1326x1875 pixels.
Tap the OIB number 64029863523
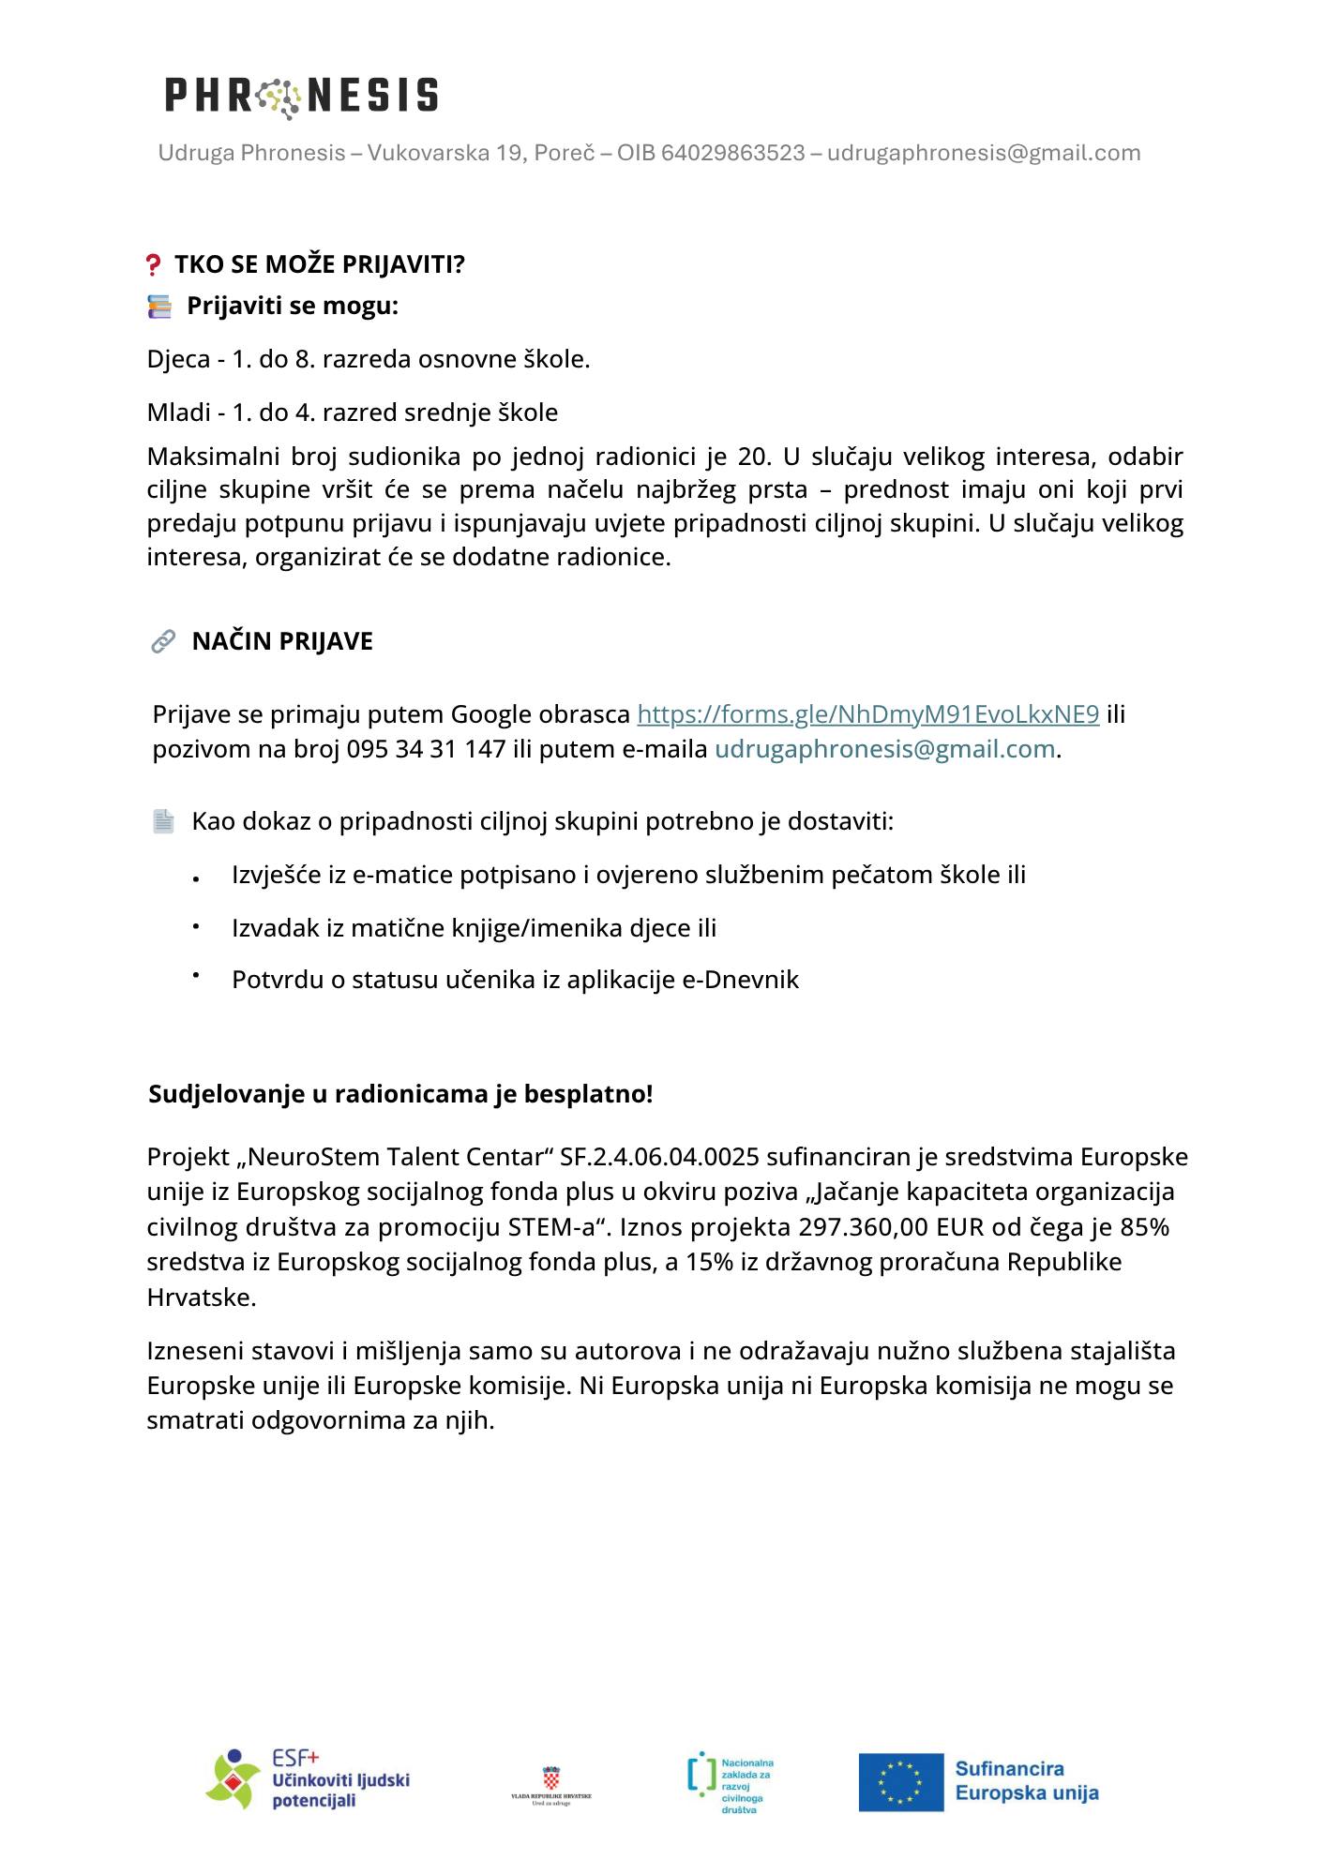[x=732, y=153]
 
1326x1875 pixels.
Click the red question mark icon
[x=154, y=265]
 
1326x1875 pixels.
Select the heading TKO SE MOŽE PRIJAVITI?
[x=319, y=264]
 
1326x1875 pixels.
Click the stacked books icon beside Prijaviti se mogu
[x=159, y=307]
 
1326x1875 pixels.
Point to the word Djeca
[x=178, y=359]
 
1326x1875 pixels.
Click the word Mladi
[x=178, y=412]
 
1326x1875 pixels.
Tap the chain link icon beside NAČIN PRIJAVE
[x=163, y=641]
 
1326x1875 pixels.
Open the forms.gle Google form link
[x=867, y=714]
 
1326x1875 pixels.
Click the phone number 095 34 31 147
[x=426, y=749]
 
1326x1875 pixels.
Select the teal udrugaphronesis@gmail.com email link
[x=884, y=749]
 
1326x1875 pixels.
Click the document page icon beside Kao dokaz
[x=163, y=822]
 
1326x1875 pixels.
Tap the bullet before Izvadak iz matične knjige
[x=197, y=926]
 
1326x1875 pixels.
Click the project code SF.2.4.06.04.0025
[x=658, y=1157]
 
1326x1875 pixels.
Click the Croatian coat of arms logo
[x=551, y=1778]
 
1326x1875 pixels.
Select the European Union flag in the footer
[x=900, y=1782]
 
